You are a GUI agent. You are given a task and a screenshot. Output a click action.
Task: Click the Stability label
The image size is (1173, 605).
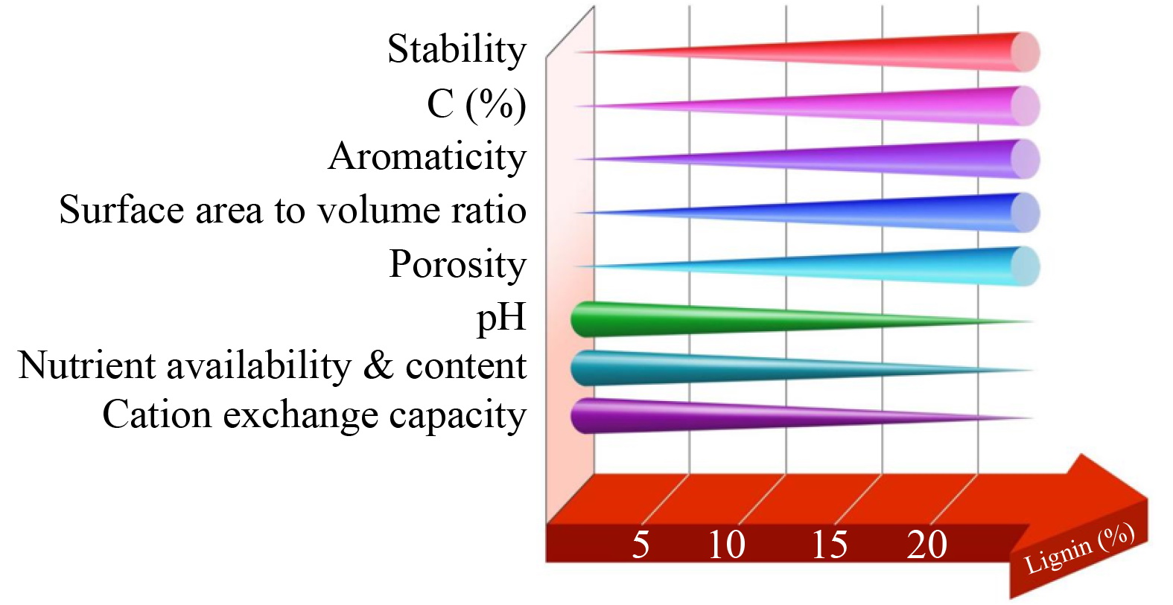point(457,51)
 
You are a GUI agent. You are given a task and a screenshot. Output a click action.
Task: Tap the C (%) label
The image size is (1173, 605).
point(477,104)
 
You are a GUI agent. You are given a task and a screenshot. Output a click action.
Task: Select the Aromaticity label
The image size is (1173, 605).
point(427,157)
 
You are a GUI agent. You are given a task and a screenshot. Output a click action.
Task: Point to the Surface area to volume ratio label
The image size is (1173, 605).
point(293,211)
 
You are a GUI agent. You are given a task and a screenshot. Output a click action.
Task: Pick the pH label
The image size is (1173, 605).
point(501,318)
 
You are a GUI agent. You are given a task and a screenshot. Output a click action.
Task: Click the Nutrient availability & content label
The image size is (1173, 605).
point(273,366)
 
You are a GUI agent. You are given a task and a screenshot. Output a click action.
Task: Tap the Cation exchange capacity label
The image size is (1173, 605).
point(314,415)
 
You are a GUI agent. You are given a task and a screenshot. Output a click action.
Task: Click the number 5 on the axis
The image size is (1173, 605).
point(640,545)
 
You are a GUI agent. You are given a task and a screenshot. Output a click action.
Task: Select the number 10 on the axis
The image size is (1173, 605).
point(726,545)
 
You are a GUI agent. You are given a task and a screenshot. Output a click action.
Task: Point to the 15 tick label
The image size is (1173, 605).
point(829,545)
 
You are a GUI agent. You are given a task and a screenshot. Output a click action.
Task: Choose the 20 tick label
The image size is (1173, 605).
point(927,545)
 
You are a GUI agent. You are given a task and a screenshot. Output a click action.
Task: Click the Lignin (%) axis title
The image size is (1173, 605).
point(1079,549)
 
